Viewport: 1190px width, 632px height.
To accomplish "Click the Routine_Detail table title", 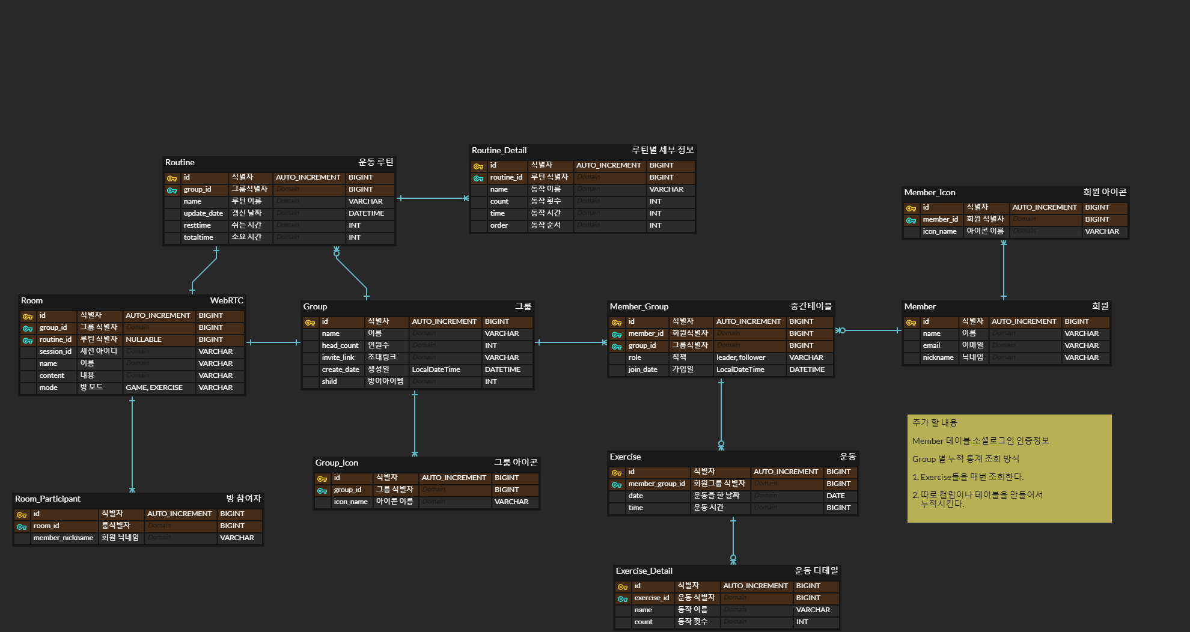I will tap(499, 150).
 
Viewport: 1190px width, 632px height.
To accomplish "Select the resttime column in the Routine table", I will tap(197, 225).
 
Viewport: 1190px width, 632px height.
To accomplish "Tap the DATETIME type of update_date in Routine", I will tap(366, 213).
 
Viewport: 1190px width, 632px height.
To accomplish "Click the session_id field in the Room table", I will tap(55, 351).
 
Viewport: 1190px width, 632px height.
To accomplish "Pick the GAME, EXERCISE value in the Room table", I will tap(154, 387).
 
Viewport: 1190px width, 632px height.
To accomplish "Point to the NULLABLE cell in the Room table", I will tap(144, 339).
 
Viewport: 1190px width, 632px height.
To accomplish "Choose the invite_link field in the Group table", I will tap(338, 357).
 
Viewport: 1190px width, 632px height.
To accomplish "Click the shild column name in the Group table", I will tap(329, 381).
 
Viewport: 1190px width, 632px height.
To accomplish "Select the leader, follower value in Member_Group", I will tap(740, 357).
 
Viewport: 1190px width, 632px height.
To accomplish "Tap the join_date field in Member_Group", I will tap(642, 369).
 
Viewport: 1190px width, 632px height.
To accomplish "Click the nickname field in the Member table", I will tap(938, 357).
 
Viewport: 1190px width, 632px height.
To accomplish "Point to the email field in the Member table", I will tap(932, 345).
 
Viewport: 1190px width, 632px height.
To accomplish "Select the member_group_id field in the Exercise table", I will tap(656, 484).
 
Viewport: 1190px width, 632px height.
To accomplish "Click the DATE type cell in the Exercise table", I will tap(835, 496).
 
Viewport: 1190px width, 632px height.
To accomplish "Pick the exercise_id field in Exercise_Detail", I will tap(651, 598).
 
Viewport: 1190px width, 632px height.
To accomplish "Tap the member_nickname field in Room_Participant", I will tap(63, 538).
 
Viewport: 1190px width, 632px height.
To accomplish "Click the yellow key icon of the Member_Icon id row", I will tap(911, 208).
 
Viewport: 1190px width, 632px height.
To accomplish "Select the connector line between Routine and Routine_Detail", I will tap(433, 198).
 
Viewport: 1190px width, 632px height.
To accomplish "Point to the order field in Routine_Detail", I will tap(499, 225).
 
